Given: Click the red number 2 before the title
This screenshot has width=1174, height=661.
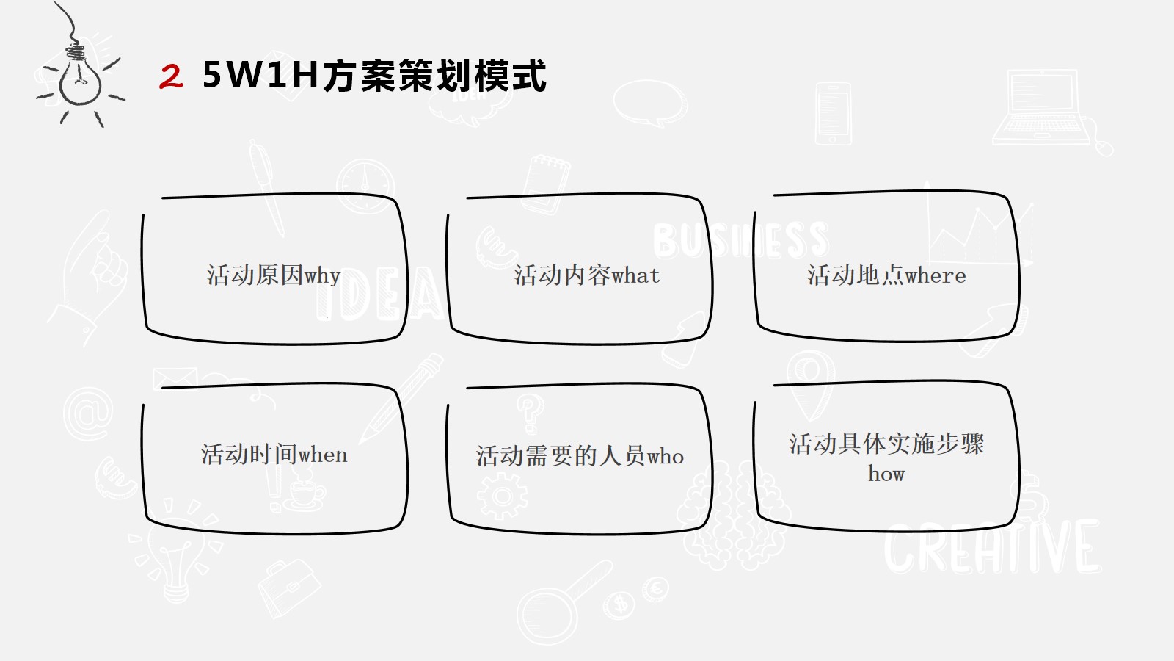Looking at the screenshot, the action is [x=172, y=76].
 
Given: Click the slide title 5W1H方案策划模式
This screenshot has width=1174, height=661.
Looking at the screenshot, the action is [x=374, y=76].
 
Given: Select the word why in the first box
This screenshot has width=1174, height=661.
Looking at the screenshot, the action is [x=322, y=276].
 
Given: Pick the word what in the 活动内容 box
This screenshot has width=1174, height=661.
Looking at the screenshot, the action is [x=635, y=276].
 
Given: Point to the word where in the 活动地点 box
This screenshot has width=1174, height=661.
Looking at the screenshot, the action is [x=936, y=276].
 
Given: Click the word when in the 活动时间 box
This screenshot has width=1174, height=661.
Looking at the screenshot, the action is [x=323, y=455].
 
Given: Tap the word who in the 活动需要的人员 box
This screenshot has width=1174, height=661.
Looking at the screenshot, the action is [x=666, y=456].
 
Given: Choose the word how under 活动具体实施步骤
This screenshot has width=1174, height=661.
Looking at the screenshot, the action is [x=886, y=474].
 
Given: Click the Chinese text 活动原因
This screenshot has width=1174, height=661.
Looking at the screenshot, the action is [x=255, y=275].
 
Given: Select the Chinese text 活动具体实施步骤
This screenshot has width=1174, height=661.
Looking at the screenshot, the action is [x=887, y=444].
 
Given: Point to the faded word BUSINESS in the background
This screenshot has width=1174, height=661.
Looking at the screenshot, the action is [x=740, y=240].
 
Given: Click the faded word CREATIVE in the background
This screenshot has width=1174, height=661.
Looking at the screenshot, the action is [x=992, y=547].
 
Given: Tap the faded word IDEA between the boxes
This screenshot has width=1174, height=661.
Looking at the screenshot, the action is [x=379, y=293].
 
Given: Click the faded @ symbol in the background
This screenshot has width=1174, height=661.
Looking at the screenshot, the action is [x=88, y=413].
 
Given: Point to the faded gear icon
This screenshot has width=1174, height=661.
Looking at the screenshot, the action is [x=502, y=496].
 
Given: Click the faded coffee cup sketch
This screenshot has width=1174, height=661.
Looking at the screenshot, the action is [x=305, y=491].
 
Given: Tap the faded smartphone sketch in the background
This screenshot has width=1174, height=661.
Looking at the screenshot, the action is [x=833, y=113].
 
